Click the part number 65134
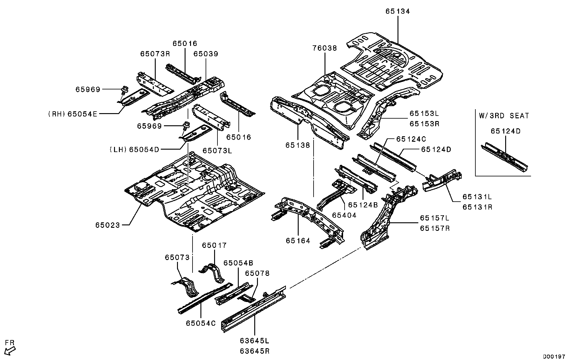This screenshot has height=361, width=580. pyautogui.click(x=398, y=12)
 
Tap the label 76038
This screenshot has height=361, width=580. pyautogui.click(x=325, y=48)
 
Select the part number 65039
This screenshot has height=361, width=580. pyautogui.click(x=206, y=54)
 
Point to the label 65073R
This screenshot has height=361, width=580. pyautogui.click(x=155, y=54)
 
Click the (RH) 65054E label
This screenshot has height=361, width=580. pyautogui.click(x=73, y=114)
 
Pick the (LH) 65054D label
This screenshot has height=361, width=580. pyautogui.click(x=134, y=149)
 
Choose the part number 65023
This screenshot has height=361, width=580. pyautogui.click(x=108, y=225)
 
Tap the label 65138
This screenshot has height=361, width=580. pyautogui.click(x=298, y=145)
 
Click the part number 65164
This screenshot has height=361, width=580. pyautogui.click(x=298, y=241)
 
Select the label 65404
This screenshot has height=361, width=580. pyautogui.click(x=344, y=215)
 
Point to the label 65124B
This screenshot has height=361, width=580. pyautogui.click(x=363, y=205)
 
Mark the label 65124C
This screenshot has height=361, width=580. pyautogui.click(x=411, y=139)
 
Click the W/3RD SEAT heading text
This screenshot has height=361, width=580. pyautogui.click(x=504, y=116)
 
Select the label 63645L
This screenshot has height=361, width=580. pyautogui.click(x=255, y=340)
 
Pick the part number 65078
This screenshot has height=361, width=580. pyautogui.click(x=257, y=273)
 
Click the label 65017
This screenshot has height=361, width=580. pyautogui.click(x=214, y=245)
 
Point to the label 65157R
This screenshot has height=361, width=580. pyautogui.click(x=435, y=228)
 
